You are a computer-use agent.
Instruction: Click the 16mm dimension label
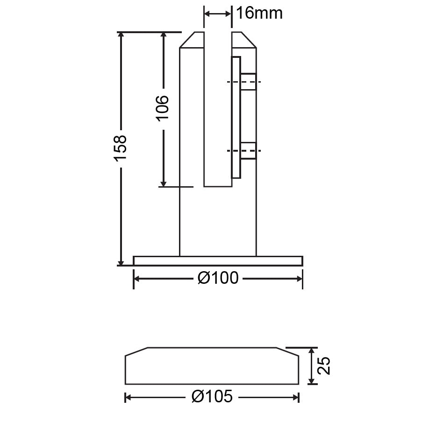tap(259, 13)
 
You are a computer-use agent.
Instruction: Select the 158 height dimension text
tap(120, 148)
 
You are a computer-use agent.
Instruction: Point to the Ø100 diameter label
tap(218, 278)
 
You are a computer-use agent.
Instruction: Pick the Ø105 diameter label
tap(212, 397)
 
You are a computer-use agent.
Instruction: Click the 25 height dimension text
tap(323, 365)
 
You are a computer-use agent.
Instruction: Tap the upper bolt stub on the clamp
tap(249, 82)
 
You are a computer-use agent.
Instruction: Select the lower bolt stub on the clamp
tap(249, 151)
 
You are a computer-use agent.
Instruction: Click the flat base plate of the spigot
tap(218, 261)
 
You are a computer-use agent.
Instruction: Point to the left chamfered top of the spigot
tap(192, 40)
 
